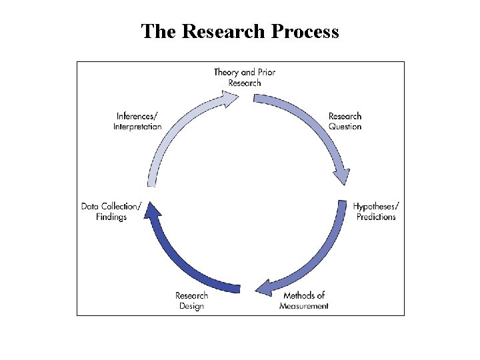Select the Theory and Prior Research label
[245, 77]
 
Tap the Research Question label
[345, 121]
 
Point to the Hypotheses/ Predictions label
[376, 211]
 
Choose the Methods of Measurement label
[304, 301]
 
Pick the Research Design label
[191, 301]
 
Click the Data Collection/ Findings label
[111, 211]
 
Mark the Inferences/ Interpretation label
[137, 121]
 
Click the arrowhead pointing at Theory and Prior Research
[230, 99]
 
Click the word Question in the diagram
[345, 127]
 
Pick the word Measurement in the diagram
[304, 306]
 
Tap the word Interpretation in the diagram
[137, 127]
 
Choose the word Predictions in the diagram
[376, 217]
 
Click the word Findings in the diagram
[111, 217]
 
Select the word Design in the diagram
[191, 306]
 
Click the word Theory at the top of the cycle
[226, 72]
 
